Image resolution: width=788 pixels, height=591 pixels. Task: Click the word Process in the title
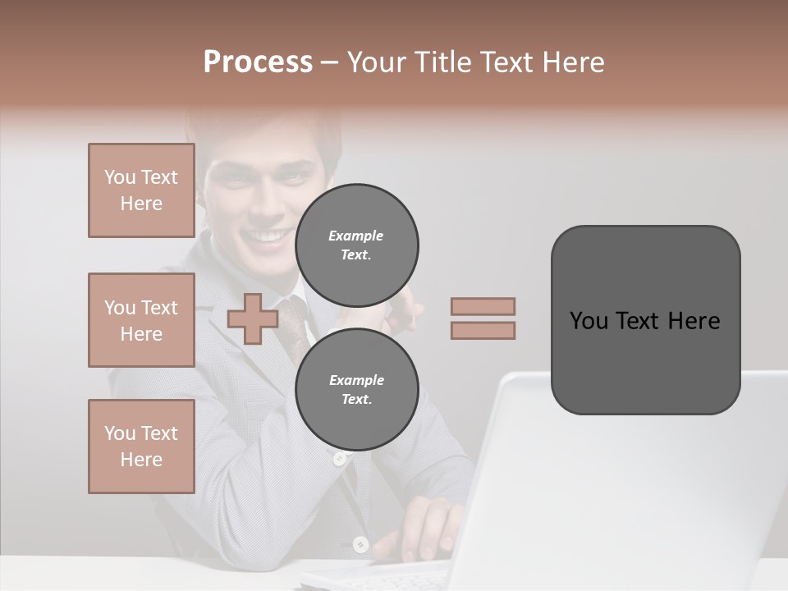coord(258,62)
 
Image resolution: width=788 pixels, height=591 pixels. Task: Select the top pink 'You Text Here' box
coord(141,190)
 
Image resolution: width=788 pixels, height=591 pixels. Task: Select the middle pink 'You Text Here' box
coord(141,320)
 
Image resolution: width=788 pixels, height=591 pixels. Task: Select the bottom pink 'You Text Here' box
coord(141,447)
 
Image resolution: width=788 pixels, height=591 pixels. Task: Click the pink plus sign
coord(252,318)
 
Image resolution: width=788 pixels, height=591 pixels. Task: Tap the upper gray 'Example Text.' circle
coord(357,245)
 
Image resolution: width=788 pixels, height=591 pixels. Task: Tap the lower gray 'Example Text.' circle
coord(357,389)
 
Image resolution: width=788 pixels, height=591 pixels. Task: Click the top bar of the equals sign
coord(483,306)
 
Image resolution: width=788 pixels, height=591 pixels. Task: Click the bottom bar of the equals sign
coord(483,330)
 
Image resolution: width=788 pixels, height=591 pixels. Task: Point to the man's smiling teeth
coord(264,236)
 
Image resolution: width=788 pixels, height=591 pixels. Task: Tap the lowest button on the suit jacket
coord(360,543)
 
